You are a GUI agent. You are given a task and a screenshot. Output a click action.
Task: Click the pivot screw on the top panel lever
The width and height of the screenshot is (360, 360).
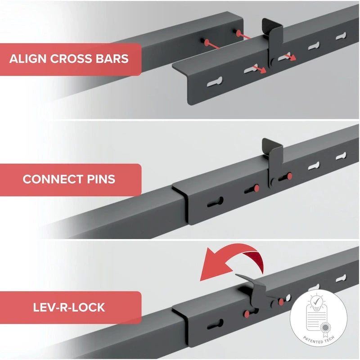tap(273, 63)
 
